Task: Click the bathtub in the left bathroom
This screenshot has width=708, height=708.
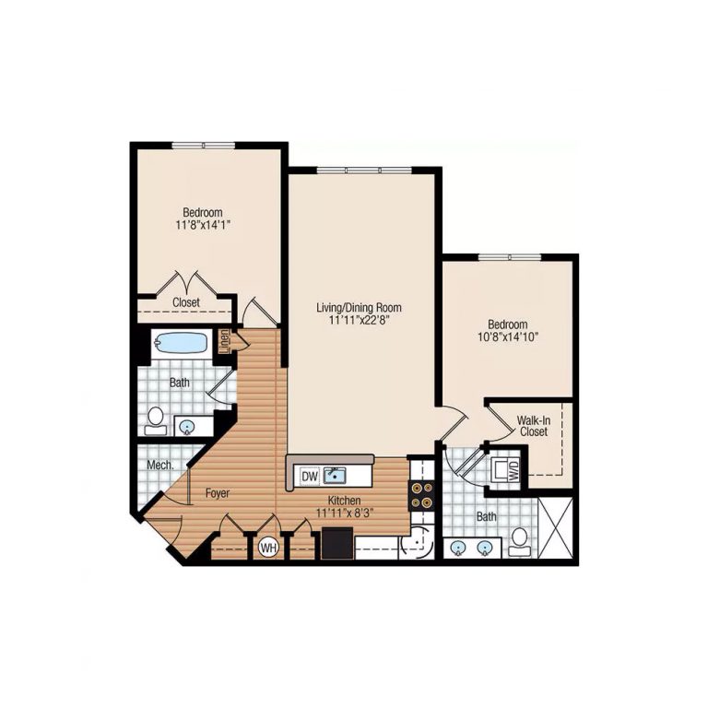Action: point(181,343)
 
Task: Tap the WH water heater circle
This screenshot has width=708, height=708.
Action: point(269,548)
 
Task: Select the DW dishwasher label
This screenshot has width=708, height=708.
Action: point(309,476)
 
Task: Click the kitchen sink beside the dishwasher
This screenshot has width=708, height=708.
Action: point(334,476)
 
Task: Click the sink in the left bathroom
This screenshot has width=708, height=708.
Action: point(187,426)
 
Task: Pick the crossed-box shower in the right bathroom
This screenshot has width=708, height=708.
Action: point(556,526)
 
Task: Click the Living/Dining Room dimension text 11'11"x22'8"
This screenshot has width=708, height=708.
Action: point(359,322)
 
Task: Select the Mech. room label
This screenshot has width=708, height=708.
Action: point(159,466)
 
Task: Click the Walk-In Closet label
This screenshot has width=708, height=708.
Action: point(534,425)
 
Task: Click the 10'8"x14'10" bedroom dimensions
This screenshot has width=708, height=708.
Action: point(507,337)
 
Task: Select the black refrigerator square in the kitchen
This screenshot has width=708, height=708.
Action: point(336,544)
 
